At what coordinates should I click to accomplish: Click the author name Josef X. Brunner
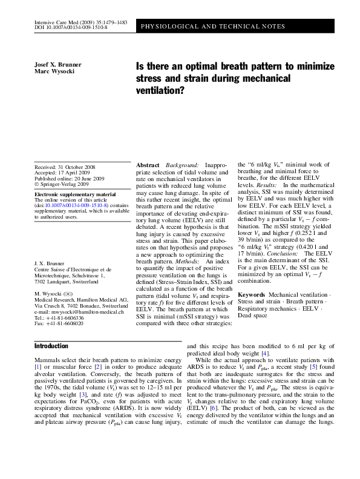(x=53, y=64)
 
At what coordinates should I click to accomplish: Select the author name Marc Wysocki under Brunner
(x=48, y=71)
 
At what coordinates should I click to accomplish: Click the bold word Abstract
(x=148, y=165)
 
